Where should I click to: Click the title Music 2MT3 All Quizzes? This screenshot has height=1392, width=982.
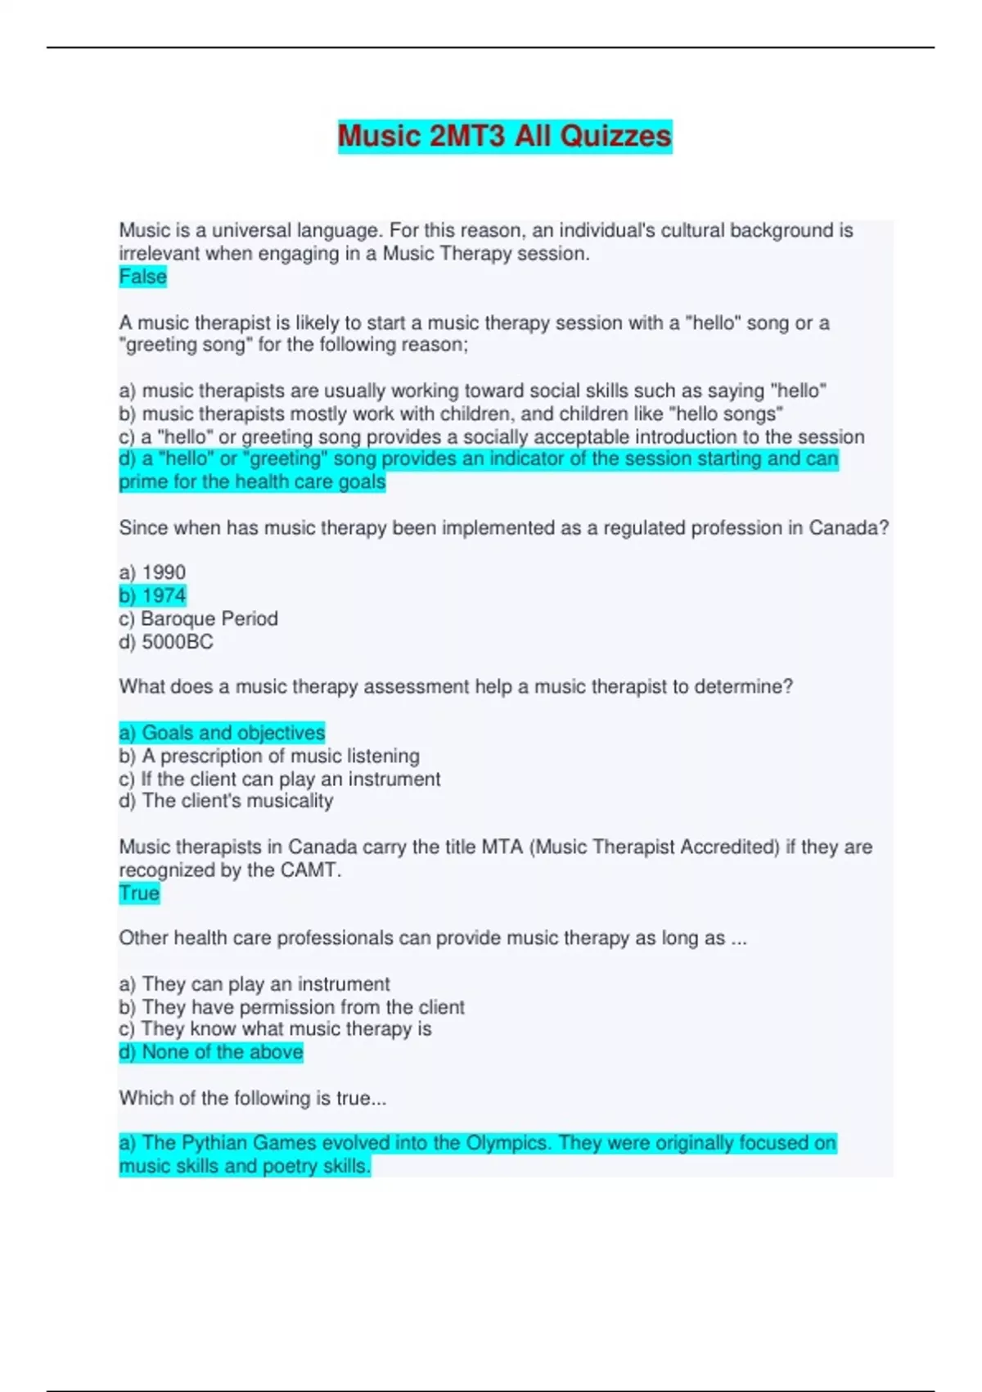(505, 136)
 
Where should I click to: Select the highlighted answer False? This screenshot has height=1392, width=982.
(143, 277)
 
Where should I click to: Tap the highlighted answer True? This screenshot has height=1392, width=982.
(139, 893)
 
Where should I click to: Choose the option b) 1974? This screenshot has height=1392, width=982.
(153, 595)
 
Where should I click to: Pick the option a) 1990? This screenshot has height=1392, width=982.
(153, 572)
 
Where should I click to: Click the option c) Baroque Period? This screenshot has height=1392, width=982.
(199, 618)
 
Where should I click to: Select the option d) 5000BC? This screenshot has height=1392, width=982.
(166, 641)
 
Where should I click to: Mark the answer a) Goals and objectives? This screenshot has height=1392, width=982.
(222, 732)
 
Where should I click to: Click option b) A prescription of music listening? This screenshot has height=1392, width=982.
(269, 755)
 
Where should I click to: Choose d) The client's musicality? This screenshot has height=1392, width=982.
(226, 801)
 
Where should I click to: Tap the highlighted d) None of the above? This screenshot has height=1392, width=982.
(211, 1051)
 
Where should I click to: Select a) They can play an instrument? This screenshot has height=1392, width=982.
(255, 983)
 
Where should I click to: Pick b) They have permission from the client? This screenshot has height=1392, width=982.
(292, 1006)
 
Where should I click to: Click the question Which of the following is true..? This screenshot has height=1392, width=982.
(253, 1098)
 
